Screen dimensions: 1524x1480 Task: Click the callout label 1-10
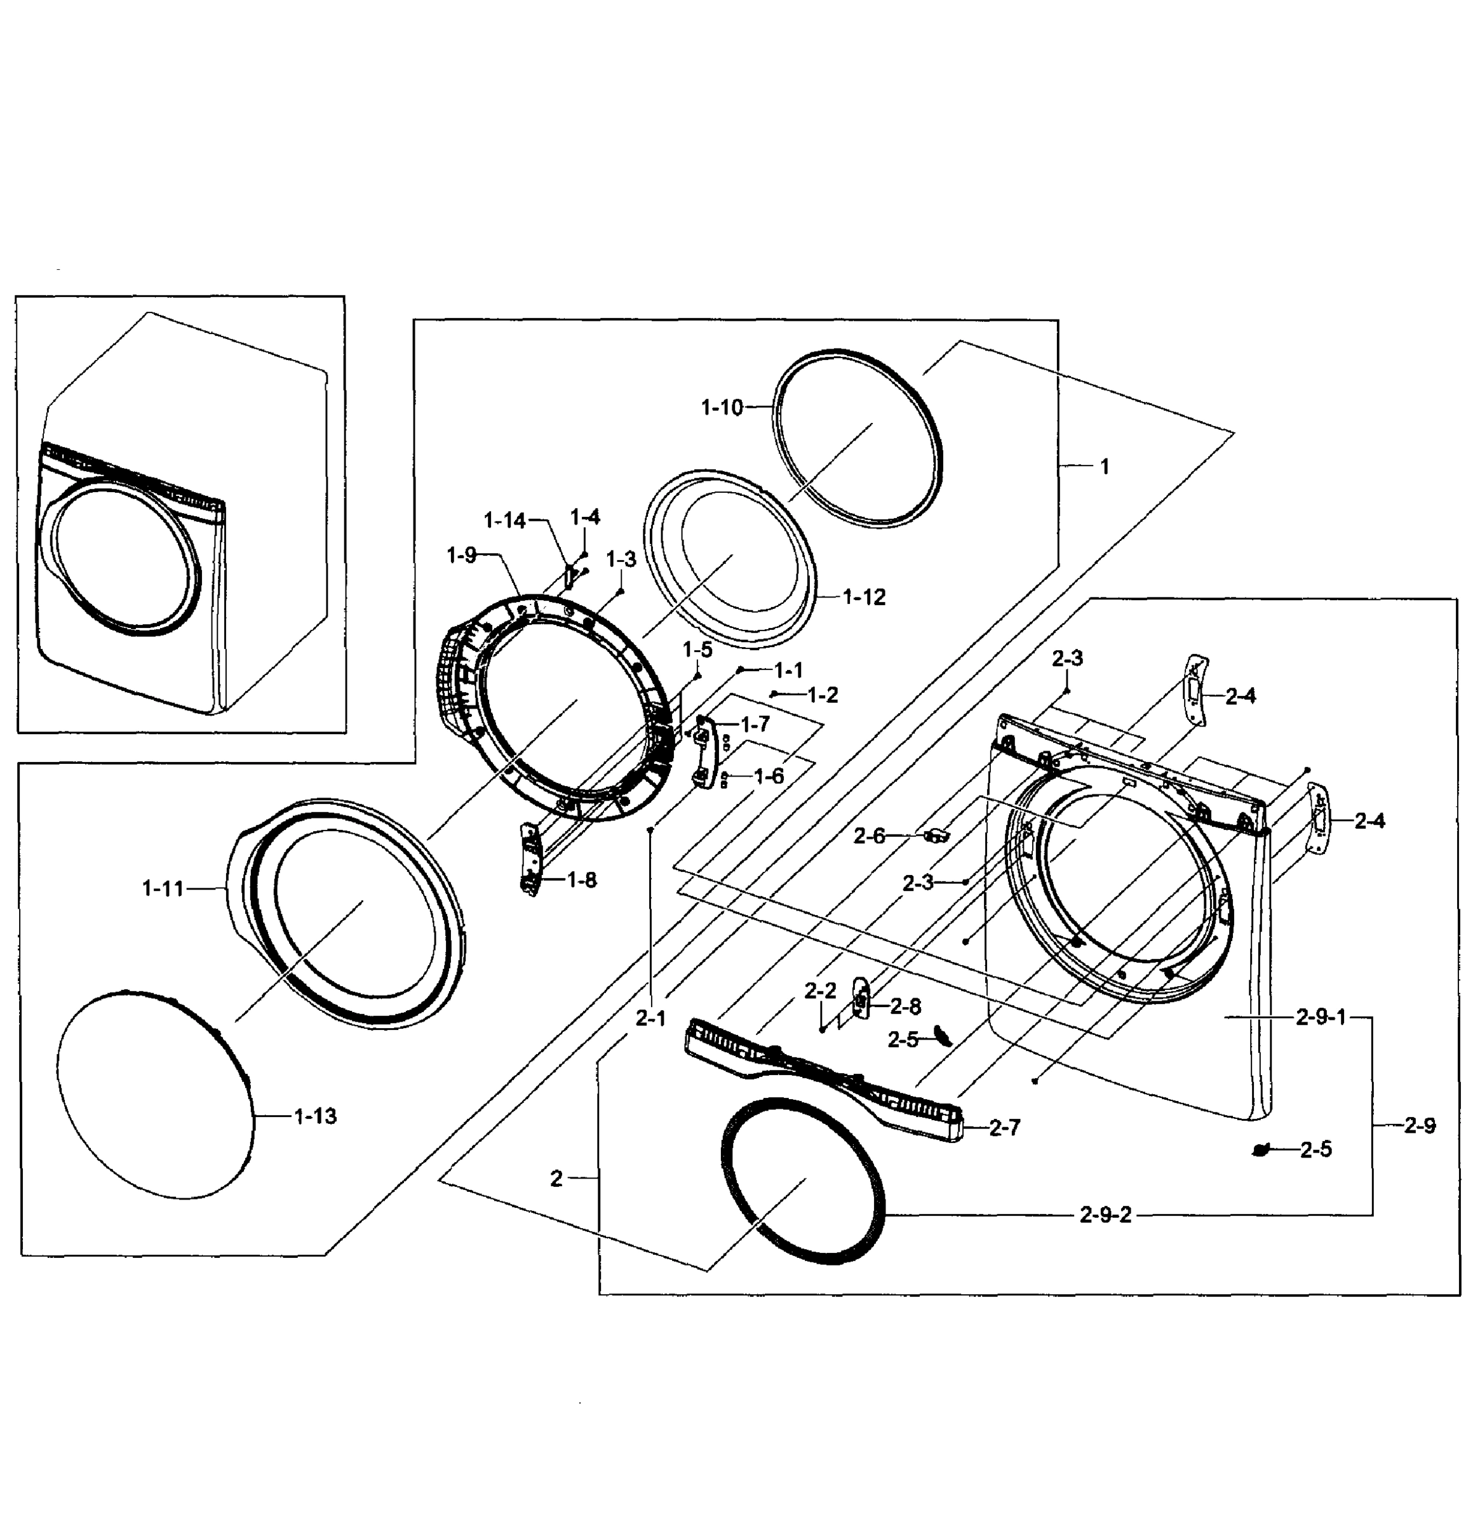click(x=721, y=406)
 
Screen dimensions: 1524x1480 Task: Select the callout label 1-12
click(x=864, y=597)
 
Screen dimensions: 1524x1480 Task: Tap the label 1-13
click(x=315, y=1116)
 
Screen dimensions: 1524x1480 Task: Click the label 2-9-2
click(x=1105, y=1215)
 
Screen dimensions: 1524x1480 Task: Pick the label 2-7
click(x=1004, y=1128)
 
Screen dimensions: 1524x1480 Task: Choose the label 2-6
click(x=869, y=836)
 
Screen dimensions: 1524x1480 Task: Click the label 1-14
click(x=505, y=520)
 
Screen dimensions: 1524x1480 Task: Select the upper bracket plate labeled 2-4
click(x=1195, y=690)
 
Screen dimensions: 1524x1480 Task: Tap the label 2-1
click(x=650, y=1018)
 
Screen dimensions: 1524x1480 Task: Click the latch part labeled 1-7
click(x=703, y=751)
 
